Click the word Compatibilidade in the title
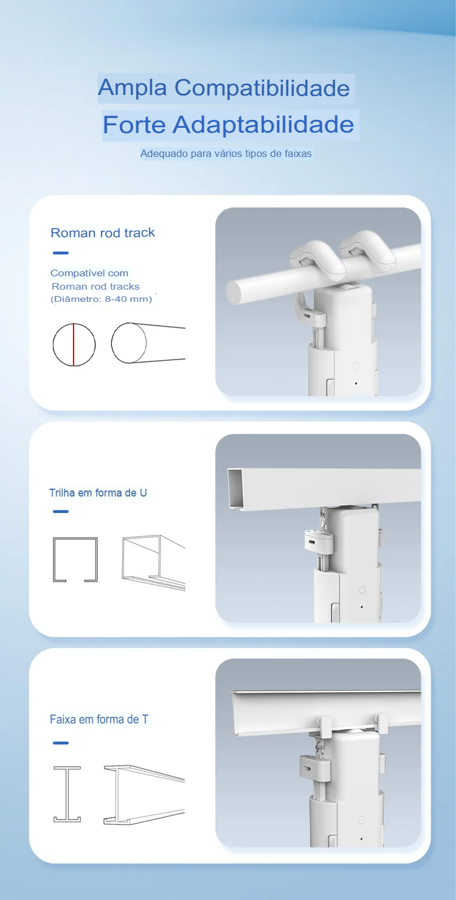tap(262, 88)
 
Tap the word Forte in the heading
tap(134, 125)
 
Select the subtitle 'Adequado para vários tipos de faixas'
tap(226, 153)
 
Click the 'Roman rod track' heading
tap(103, 232)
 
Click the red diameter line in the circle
tap(74, 345)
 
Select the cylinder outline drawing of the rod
tap(148, 343)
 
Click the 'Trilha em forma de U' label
tap(98, 493)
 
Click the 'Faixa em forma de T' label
tap(99, 719)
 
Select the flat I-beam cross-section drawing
tap(67, 794)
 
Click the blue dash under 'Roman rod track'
tap(61, 253)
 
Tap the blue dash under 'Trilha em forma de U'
tap(61, 512)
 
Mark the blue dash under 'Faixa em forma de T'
tap(61, 743)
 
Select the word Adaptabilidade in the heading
tap(263, 125)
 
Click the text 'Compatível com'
tap(89, 273)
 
